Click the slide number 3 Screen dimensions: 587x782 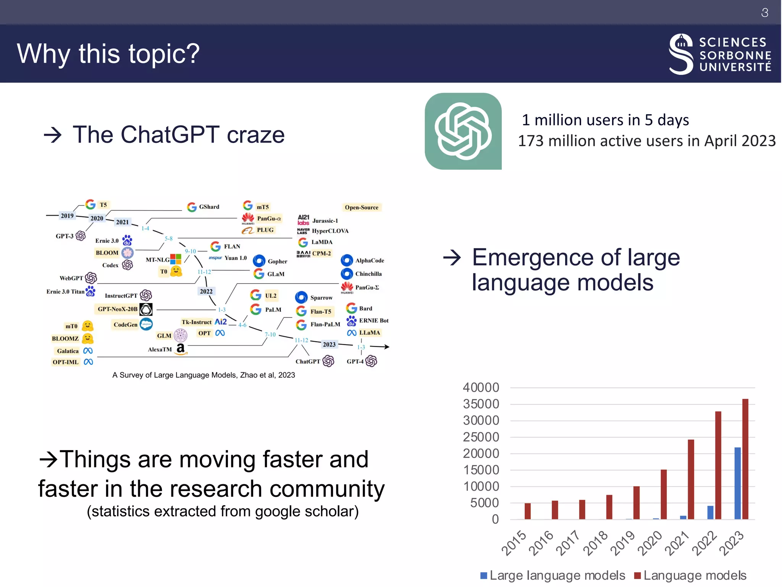click(x=764, y=13)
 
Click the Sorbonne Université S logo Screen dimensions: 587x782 click(x=681, y=54)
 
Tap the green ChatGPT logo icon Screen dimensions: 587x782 click(x=463, y=131)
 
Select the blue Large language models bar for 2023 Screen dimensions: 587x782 click(x=737, y=483)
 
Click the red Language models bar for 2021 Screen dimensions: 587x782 click(x=691, y=479)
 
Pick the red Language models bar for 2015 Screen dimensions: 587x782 click(x=528, y=511)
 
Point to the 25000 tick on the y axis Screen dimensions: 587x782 click(x=481, y=437)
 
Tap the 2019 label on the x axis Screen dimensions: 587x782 click(x=622, y=543)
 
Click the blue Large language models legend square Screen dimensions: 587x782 click(x=484, y=576)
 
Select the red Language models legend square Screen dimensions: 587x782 click(x=637, y=576)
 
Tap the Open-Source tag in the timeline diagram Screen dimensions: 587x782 click(x=361, y=208)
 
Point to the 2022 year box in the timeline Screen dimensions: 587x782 click(x=206, y=291)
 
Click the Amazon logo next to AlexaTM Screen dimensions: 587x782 click(x=181, y=349)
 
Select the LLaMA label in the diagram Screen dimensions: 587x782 click(x=370, y=333)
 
